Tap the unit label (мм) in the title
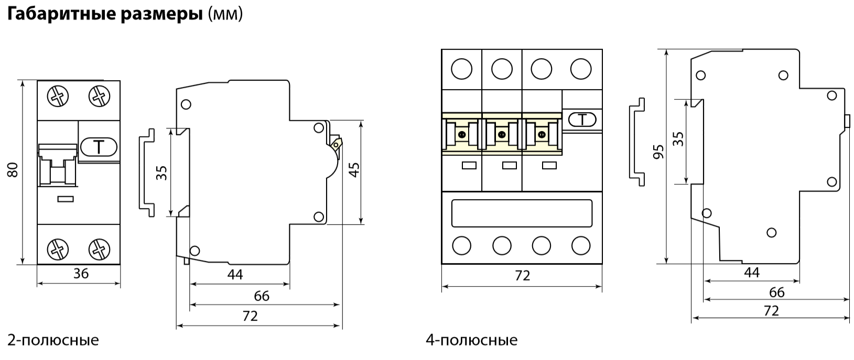(x=225, y=15)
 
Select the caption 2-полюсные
(x=53, y=340)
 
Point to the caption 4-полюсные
(x=471, y=340)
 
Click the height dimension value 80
(x=14, y=170)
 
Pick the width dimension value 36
(x=81, y=272)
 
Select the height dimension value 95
(x=659, y=151)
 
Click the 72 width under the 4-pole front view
(x=522, y=275)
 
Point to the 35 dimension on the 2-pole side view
(x=163, y=172)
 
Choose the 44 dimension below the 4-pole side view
(x=752, y=271)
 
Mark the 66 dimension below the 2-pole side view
(x=261, y=296)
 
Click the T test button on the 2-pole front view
(x=99, y=147)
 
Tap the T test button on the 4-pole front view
(x=581, y=120)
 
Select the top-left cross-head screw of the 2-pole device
(x=56, y=96)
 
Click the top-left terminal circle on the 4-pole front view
(x=462, y=69)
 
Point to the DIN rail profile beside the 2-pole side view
(x=147, y=172)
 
